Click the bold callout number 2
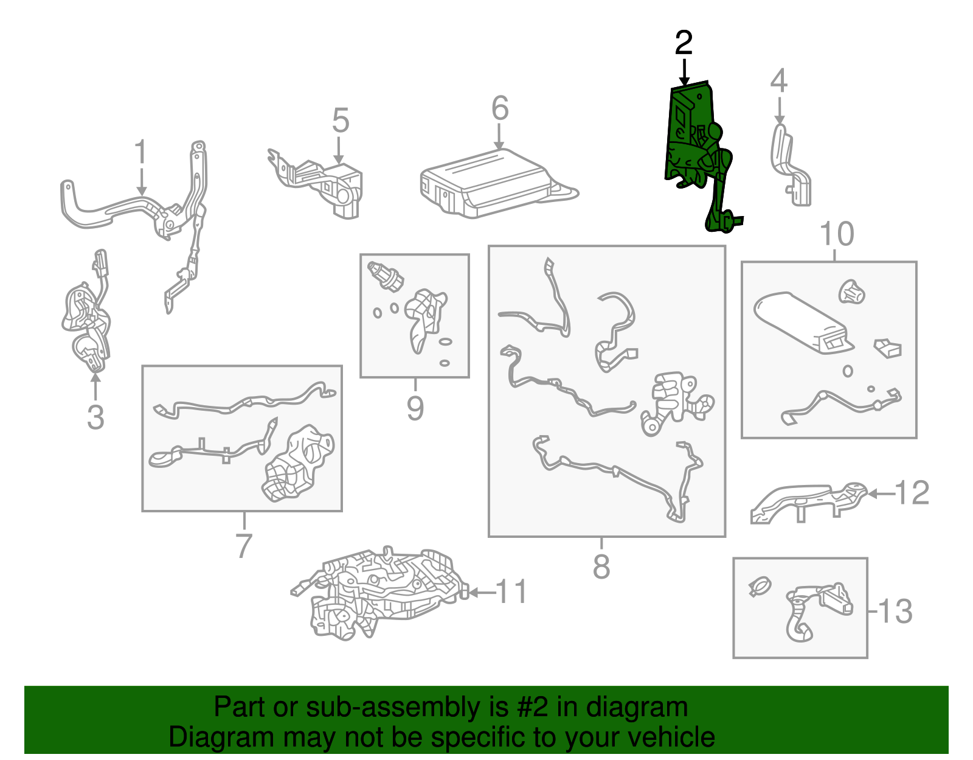(x=684, y=43)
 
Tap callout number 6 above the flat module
(x=500, y=108)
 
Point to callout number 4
(x=778, y=80)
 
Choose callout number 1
(x=140, y=152)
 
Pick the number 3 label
(x=95, y=417)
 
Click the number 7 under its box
(x=244, y=545)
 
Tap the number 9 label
(x=415, y=408)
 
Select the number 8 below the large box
(x=601, y=566)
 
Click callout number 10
(x=836, y=234)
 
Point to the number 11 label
(x=511, y=591)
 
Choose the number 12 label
(x=912, y=493)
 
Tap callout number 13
(x=895, y=612)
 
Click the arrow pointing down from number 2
(x=684, y=72)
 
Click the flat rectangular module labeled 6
(x=497, y=184)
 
